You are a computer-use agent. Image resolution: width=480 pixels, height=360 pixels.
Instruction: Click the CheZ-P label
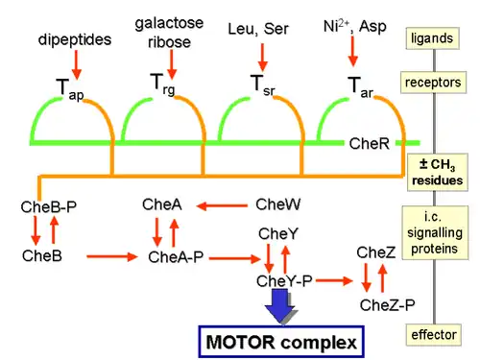387,304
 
